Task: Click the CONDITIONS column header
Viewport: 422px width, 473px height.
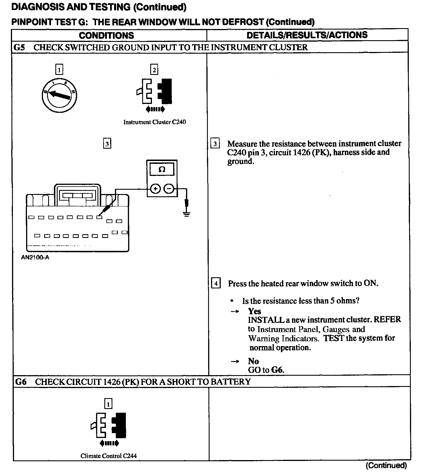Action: [106, 35]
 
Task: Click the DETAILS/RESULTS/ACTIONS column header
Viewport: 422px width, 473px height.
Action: [307, 35]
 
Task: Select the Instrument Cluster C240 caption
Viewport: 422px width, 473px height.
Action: [155, 122]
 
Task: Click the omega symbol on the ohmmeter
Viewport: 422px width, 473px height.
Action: [162, 169]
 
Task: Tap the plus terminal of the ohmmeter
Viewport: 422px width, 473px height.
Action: [155, 189]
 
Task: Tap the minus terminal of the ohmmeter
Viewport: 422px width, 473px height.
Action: [169, 189]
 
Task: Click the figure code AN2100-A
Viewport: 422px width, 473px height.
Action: [35, 257]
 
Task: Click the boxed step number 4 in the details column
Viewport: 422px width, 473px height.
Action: [216, 284]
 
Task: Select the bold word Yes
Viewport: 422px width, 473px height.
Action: [255, 311]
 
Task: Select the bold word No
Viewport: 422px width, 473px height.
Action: [253, 361]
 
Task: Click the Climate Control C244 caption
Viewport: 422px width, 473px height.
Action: [108, 456]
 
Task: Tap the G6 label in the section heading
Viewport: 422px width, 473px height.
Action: [21, 382]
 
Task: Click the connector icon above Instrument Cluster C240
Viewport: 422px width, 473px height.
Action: [155, 91]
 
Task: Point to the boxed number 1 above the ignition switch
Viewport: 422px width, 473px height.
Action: [59, 69]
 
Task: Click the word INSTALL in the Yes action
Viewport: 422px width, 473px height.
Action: [266, 320]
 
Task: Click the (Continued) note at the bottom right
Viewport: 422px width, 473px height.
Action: [386, 465]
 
